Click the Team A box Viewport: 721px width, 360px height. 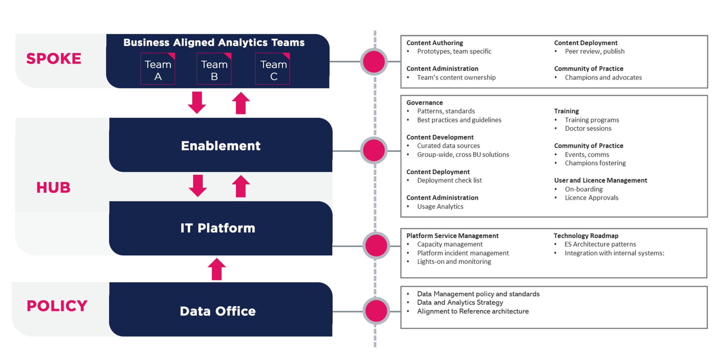click(158, 69)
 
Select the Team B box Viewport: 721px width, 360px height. click(214, 69)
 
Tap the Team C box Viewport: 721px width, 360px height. click(272, 69)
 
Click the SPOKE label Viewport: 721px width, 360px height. click(54, 58)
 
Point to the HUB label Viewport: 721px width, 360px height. click(54, 188)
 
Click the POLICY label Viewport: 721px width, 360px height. click(57, 306)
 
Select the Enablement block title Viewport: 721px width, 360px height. click(221, 146)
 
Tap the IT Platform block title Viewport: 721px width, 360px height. click(218, 228)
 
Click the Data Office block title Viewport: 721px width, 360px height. click(218, 311)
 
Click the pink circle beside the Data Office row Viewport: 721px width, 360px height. click(376, 311)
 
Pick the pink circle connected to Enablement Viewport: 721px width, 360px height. click(374, 150)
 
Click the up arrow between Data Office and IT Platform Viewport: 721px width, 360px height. click(217, 269)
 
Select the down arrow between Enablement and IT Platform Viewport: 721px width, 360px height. click(198, 185)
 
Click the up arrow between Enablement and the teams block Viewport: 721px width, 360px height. click(241, 103)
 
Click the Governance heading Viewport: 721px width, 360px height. click(425, 103)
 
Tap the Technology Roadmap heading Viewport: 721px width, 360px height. click(586, 236)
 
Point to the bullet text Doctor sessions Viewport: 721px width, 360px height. click(588, 128)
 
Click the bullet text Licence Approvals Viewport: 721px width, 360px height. click(591, 198)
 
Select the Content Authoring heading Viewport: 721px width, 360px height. click(435, 43)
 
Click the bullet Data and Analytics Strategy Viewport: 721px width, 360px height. click(460, 303)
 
